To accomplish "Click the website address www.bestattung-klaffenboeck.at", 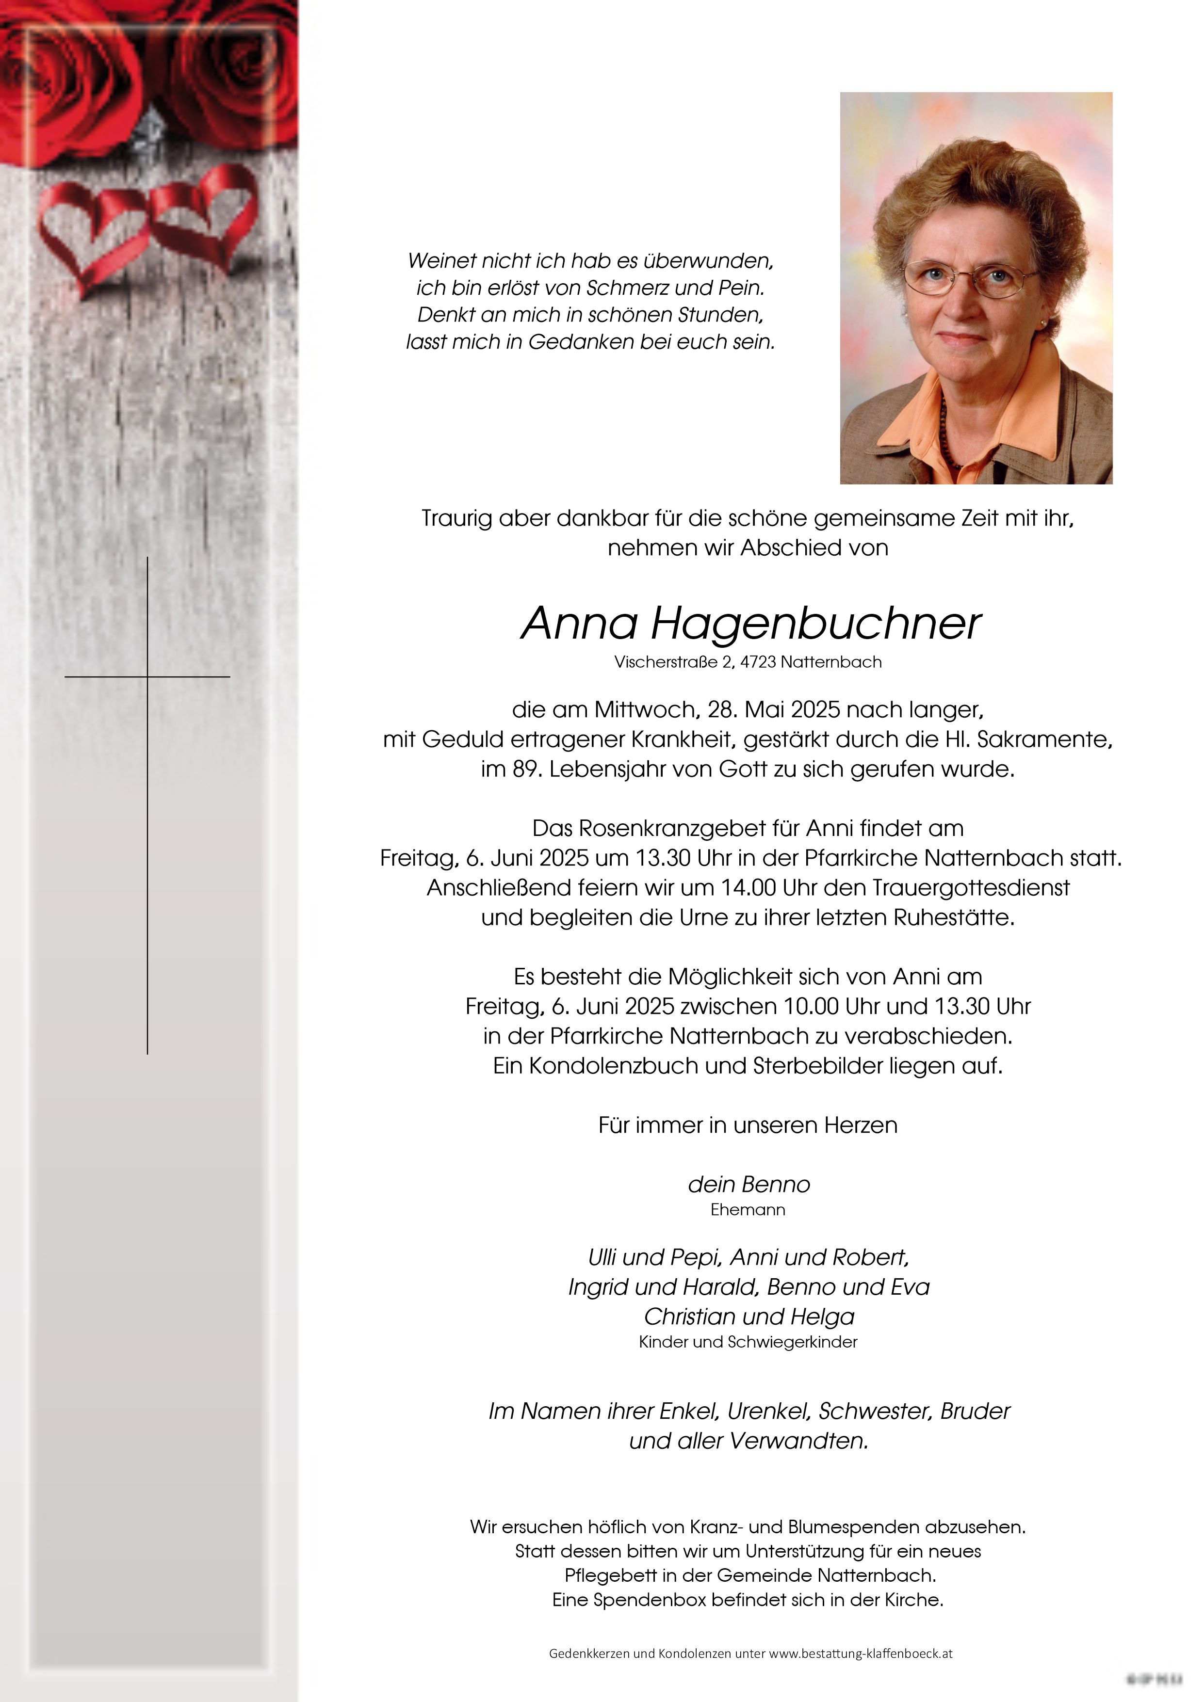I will point(860,1653).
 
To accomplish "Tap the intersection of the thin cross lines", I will point(147,677).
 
